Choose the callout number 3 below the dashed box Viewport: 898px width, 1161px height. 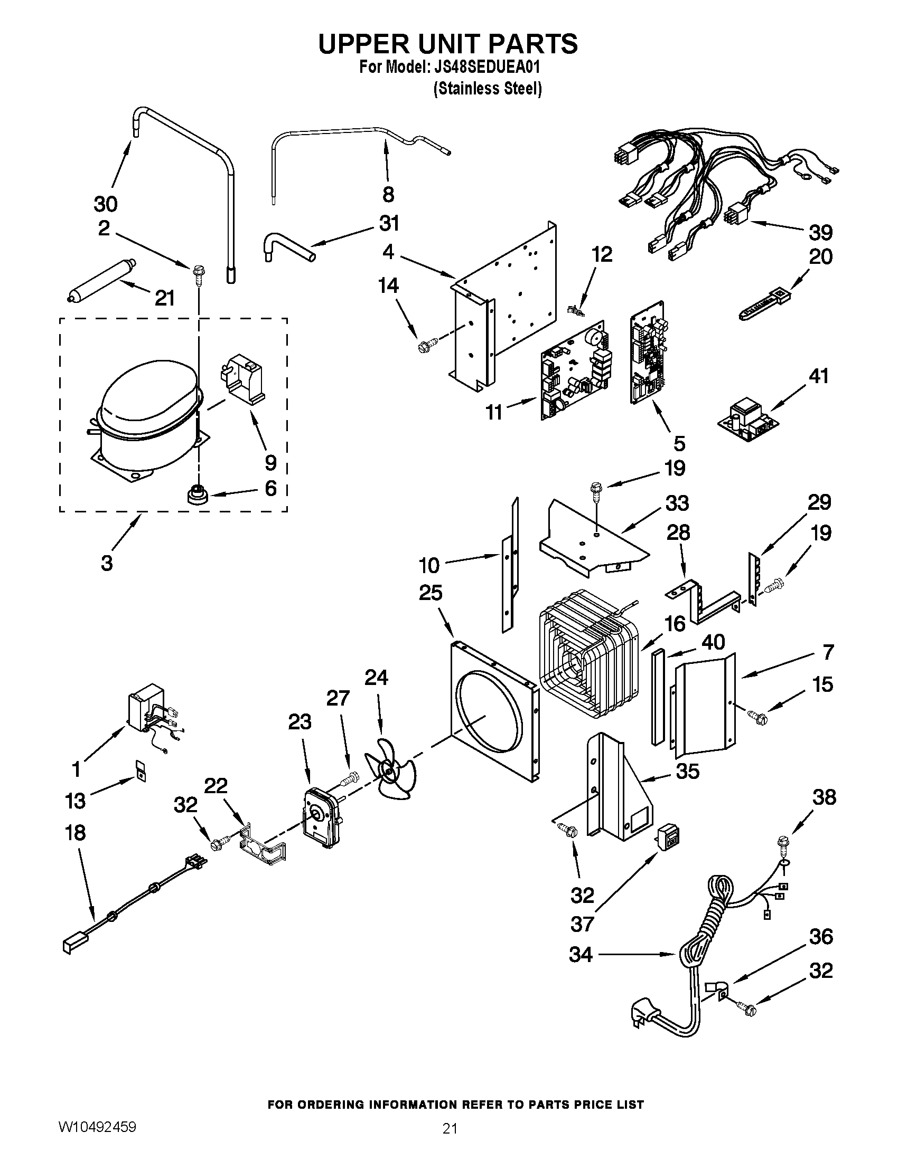(107, 563)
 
